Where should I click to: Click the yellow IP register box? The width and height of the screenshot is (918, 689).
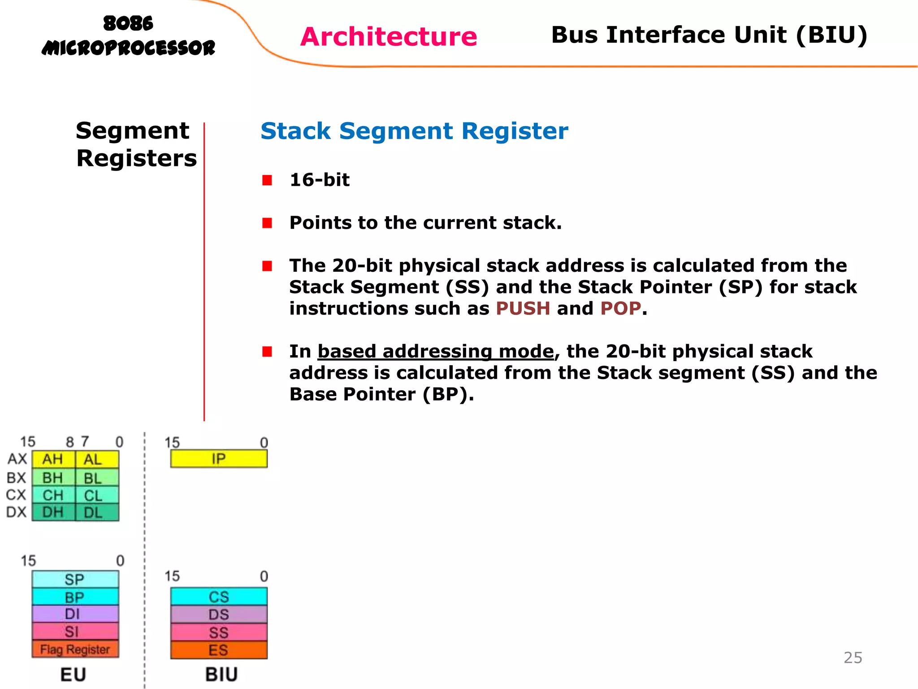(219, 459)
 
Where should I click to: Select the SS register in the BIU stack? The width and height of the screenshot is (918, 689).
(219, 632)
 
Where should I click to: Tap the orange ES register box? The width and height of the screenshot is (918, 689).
(219, 650)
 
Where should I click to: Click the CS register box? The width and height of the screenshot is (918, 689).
(219, 597)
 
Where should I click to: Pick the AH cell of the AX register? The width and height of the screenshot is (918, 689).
(53, 459)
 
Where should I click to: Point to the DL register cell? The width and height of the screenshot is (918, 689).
(93, 512)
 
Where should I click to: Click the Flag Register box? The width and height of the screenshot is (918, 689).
(75, 650)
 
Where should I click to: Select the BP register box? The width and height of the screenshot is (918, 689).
(75, 597)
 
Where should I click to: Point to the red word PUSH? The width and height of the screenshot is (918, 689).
(523, 309)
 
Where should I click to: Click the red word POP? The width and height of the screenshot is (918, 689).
(620, 309)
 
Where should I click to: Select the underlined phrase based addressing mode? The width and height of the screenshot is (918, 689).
(435, 351)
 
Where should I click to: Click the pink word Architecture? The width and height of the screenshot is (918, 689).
(388, 36)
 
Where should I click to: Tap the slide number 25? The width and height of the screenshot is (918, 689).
(853, 658)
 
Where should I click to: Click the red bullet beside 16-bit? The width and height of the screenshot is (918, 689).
(267, 180)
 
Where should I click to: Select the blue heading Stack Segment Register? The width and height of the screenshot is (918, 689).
(414, 131)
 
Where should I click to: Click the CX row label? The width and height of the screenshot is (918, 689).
(16, 495)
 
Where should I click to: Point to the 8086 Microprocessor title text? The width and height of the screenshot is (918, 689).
(128, 36)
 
